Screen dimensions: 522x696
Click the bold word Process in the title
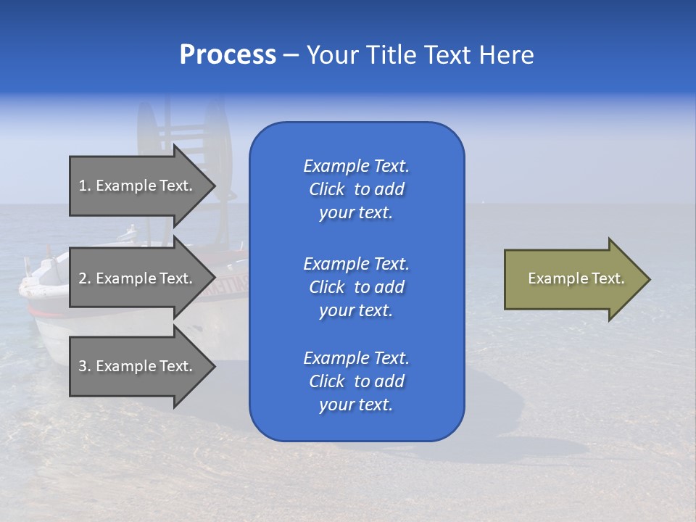[228, 55]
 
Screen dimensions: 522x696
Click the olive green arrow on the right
[573, 279]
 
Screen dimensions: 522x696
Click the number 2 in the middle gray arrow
[83, 278]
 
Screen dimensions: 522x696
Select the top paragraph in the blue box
[356, 189]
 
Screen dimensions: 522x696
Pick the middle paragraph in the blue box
[356, 287]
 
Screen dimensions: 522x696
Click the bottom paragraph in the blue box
[356, 381]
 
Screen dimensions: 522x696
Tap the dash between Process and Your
[291, 55]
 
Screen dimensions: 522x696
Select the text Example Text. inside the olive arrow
[576, 278]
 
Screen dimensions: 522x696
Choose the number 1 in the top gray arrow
[83, 186]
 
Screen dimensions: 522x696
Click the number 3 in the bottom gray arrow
[83, 366]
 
